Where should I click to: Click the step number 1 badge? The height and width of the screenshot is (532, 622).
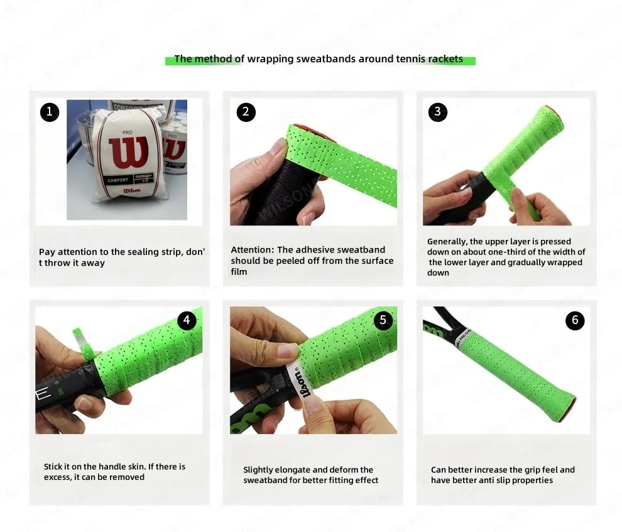[x=50, y=112]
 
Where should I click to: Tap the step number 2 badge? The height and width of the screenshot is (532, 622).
[x=246, y=112]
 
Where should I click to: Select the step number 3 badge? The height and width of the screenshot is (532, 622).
[x=437, y=112]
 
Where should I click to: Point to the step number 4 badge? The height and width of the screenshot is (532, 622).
[x=187, y=320]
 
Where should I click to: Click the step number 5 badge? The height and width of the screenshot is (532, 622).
[x=383, y=320]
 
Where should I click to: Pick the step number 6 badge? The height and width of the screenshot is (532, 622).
[x=575, y=320]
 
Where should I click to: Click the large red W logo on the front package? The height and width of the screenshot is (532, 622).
[x=128, y=153]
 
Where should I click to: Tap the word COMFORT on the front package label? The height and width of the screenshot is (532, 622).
[x=118, y=180]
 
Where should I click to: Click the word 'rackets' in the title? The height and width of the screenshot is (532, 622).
[x=445, y=59]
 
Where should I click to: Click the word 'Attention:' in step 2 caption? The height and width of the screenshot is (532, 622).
[x=253, y=250]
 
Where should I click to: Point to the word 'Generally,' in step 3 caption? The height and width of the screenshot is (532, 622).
[x=447, y=242]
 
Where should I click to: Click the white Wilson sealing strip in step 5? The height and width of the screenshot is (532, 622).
[x=302, y=386]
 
